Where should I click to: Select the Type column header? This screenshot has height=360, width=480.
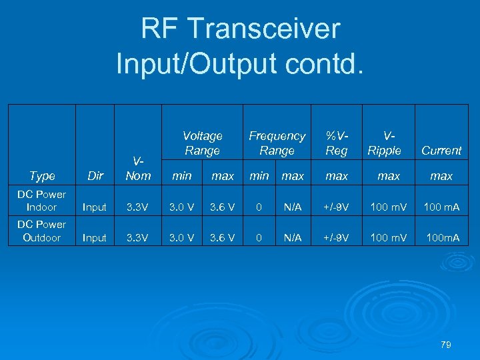(42, 176)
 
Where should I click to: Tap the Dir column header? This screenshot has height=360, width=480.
(95, 176)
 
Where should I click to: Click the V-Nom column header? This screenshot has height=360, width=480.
(138, 169)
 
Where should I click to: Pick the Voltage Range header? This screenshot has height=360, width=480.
(202, 143)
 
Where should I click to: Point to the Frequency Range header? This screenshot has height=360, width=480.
(277, 143)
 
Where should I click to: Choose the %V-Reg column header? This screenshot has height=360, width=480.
(337, 143)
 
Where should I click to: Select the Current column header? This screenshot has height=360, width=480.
(441, 151)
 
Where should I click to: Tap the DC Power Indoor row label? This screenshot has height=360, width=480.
(41, 201)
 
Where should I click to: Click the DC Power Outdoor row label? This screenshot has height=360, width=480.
(41, 231)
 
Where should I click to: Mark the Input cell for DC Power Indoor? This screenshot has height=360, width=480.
(95, 207)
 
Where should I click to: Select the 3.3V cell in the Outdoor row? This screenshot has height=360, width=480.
(138, 237)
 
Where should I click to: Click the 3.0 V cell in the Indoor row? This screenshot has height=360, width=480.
(181, 207)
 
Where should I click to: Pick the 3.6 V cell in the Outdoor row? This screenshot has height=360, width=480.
(222, 237)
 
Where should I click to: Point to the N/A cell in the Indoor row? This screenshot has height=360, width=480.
(293, 207)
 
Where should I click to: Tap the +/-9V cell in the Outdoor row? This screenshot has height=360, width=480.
(337, 237)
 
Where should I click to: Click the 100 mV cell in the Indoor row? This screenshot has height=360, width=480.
(389, 207)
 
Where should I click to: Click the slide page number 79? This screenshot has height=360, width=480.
(446, 345)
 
